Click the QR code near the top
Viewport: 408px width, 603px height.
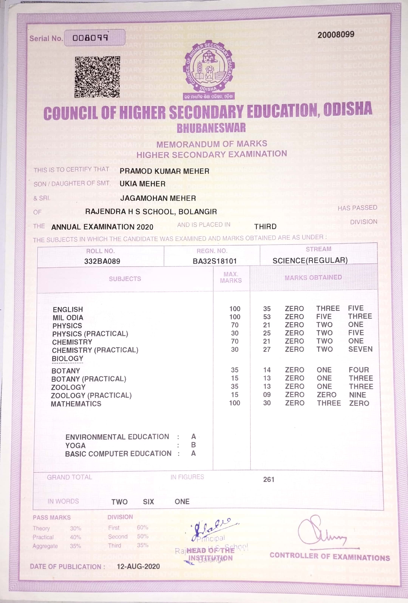click(x=97, y=77)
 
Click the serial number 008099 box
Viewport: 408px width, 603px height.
click(x=95, y=38)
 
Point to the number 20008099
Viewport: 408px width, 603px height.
click(x=336, y=35)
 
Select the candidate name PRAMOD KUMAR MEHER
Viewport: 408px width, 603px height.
click(x=165, y=171)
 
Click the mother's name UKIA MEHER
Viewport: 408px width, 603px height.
click(x=142, y=184)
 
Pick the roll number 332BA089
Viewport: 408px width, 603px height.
click(x=102, y=261)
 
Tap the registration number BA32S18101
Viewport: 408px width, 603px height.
click(x=215, y=261)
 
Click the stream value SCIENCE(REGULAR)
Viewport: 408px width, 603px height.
click(x=310, y=261)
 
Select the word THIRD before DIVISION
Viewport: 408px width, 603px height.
click(x=265, y=227)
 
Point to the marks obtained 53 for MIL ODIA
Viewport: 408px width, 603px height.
click(x=267, y=317)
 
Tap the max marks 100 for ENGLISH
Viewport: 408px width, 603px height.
click(x=235, y=309)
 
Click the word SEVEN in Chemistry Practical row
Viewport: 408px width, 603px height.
click(x=360, y=349)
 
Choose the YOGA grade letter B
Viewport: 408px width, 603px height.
click(x=193, y=445)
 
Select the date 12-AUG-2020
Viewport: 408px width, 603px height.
click(x=138, y=566)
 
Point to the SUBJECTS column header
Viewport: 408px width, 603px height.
click(x=125, y=279)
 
